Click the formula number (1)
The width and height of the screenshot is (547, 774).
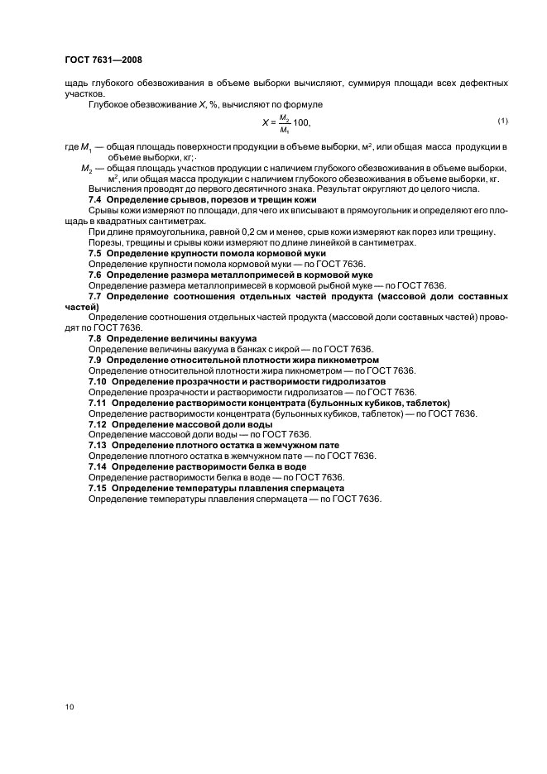(x=501, y=122)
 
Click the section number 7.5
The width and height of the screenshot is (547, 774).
(x=95, y=253)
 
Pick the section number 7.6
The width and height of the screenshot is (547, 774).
(x=95, y=275)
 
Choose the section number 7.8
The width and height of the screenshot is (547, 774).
(x=95, y=339)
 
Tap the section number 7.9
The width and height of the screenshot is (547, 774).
(x=95, y=361)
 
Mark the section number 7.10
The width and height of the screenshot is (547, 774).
(x=98, y=382)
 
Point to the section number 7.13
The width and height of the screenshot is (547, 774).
(x=98, y=446)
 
